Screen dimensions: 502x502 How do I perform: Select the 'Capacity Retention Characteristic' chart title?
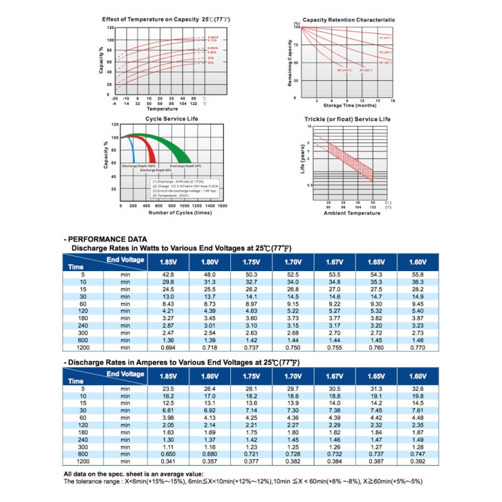click(x=349, y=20)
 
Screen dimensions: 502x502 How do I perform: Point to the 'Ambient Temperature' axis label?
click(x=351, y=213)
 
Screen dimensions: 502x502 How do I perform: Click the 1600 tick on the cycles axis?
click(x=222, y=206)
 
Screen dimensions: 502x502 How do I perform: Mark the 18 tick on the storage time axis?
click(x=392, y=100)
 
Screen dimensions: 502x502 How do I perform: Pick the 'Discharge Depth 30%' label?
click(x=185, y=166)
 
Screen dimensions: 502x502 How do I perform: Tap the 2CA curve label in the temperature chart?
click(x=211, y=63)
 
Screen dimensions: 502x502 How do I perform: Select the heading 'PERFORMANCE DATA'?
click(x=107, y=239)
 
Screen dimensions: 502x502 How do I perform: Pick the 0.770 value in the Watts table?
click(x=417, y=346)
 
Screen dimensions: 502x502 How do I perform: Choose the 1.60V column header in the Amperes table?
click(x=417, y=376)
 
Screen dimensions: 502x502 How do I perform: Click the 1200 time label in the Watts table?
click(x=82, y=346)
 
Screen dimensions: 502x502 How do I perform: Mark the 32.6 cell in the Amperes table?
click(x=417, y=390)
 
